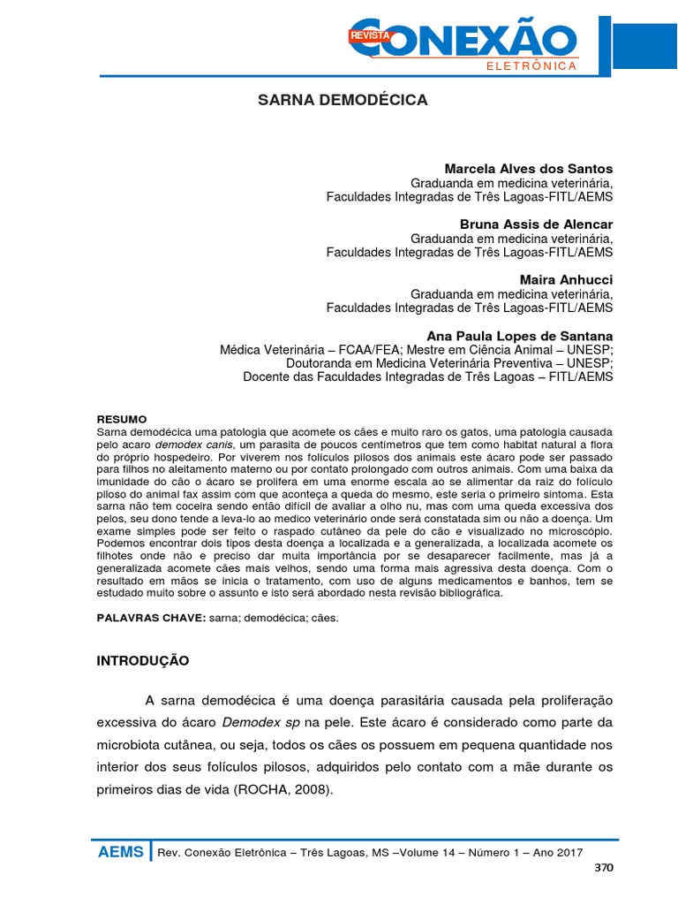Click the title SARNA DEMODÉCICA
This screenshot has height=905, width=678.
click(x=342, y=100)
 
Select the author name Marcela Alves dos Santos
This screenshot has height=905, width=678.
click(x=528, y=169)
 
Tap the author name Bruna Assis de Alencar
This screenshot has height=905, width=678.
click(x=536, y=224)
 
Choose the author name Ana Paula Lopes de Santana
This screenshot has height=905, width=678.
click(x=519, y=337)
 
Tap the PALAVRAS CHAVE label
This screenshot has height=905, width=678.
click(x=150, y=618)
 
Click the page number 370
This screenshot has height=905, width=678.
click(x=603, y=867)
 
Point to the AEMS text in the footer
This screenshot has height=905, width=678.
click(x=121, y=852)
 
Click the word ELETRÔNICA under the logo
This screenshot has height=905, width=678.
click(x=531, y=66)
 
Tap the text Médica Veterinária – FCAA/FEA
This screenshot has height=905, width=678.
click(x=303, y=350)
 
